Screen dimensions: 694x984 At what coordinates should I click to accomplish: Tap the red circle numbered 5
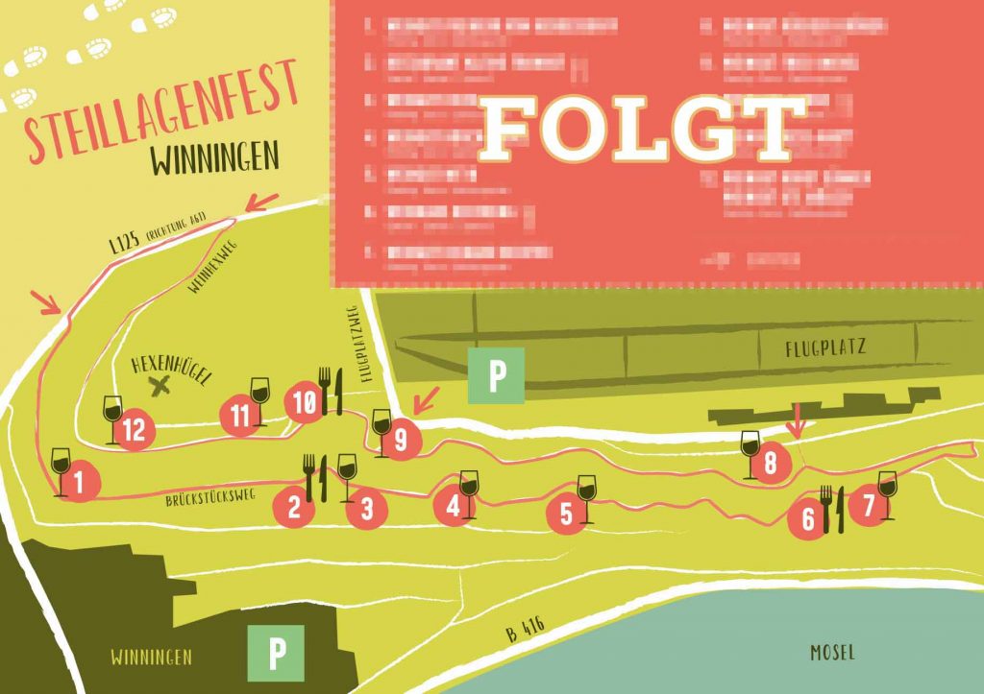pyautogui.click(x=566, y=514)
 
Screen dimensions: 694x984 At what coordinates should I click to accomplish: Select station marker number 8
pyautogui.click(x=770, y=465)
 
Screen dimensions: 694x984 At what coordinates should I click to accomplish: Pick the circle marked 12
pyautogui.click(x=134, y=430)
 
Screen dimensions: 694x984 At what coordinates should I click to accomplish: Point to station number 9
pyautogui.click(x=401, y=441)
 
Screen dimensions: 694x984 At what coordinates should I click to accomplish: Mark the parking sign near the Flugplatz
pyautogui.click(x=496, y=375)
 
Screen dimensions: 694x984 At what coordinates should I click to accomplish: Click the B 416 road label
pyautogui.click(x=525, y=630)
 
